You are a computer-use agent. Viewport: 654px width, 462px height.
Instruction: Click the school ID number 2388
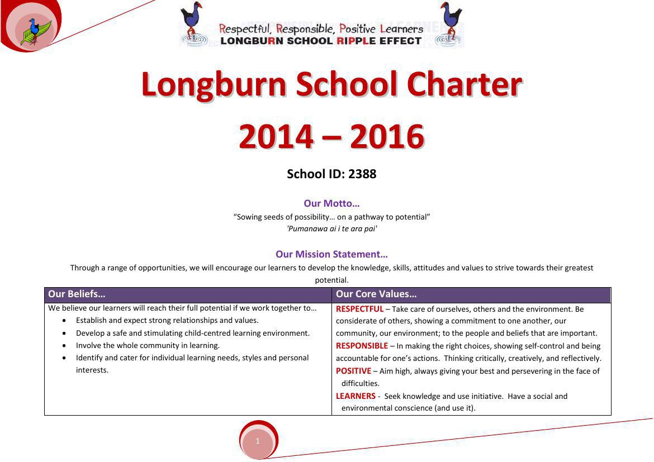tap(362, 174)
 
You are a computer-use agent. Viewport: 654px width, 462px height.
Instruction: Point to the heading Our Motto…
tap(331, 203)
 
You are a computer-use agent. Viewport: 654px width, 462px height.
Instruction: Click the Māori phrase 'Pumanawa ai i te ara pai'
tap(331, 228)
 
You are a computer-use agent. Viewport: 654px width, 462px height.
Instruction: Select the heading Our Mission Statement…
tap(331, 254)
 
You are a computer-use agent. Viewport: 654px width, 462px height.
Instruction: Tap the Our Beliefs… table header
tap(77, 294)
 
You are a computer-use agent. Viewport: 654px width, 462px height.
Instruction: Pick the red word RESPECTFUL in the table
tap(359, 309)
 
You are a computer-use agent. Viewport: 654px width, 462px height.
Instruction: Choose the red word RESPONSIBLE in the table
tap(362, 346)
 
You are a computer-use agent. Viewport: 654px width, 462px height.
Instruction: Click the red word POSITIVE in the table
tap(353, 371)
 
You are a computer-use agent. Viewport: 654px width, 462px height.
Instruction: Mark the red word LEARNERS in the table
tap(356, 396)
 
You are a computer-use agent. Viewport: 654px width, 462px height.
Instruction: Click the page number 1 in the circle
tap(258, 441)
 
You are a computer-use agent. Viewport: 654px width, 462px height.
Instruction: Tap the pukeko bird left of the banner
tap(193, 22)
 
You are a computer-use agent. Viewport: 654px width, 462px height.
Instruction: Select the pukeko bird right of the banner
tap(450, 22)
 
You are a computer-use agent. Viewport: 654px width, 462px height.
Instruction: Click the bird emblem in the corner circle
tap(35, 31)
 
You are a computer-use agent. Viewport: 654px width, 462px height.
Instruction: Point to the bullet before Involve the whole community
tap(64, 346)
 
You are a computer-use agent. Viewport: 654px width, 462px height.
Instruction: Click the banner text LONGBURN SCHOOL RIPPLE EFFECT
tap(321, 41)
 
